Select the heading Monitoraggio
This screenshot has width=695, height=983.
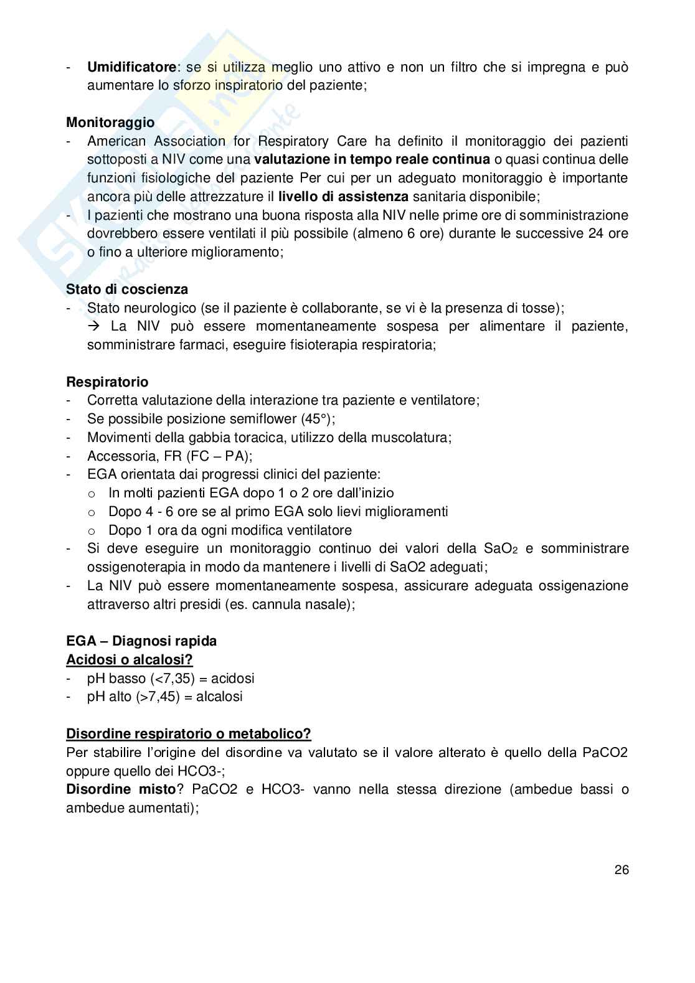[x=110, y=122]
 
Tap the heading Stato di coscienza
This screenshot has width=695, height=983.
[x=127, y=289]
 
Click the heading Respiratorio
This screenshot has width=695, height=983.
[x=107, y=382]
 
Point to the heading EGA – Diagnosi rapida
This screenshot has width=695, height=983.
[x=141, y=641]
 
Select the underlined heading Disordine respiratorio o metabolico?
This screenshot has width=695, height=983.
[x=188, y=733]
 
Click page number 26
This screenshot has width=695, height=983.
[x=622, y=870]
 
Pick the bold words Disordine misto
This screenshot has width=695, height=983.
[x=121, y=789]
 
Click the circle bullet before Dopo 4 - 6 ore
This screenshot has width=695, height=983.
[x=92, y=512]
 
